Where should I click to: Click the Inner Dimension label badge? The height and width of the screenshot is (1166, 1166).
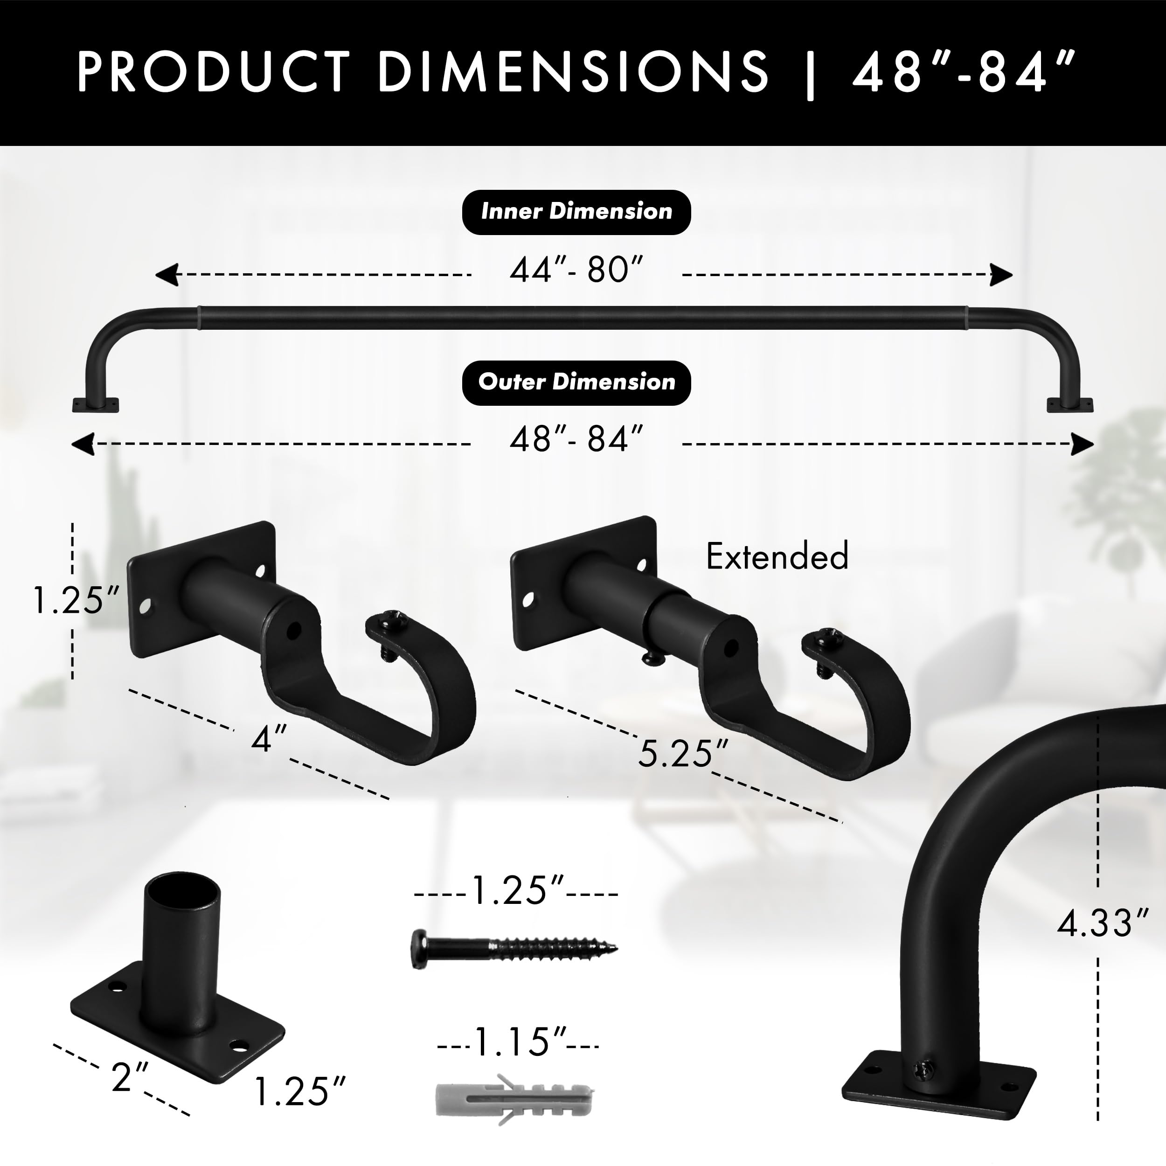(576, 212)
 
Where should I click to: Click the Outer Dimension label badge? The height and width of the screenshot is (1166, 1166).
(576, 382)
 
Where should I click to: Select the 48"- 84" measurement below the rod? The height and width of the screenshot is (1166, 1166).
(576, 439)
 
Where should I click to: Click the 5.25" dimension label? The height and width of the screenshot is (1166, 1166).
(683, 754)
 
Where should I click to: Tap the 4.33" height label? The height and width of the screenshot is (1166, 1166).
(1102, 924)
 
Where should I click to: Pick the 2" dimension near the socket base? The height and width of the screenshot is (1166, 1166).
(130, 1078)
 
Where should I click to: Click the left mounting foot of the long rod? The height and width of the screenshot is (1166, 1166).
(95, 404)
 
